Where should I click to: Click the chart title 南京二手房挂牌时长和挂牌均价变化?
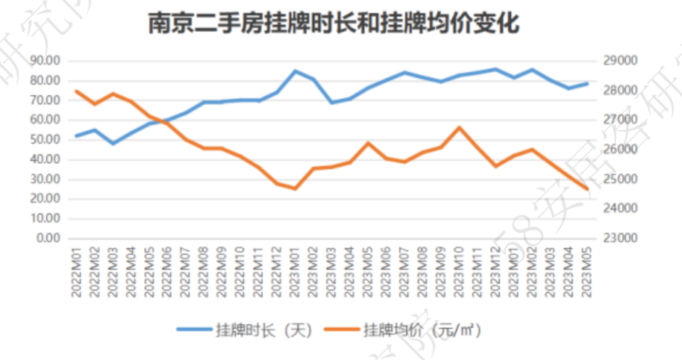click(334, 24)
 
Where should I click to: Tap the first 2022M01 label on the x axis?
click(76, 273)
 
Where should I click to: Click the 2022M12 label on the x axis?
click(277, 273)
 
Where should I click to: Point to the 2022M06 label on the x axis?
click(168, 273)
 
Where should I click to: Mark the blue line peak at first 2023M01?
click(296, 71)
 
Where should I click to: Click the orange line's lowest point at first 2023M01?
click(296, 188)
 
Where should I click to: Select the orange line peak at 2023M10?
click(460, 128)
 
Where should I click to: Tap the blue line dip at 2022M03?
click(113, 143)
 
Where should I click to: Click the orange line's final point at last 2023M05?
click(588, 189)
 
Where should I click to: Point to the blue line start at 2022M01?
click(76, 136)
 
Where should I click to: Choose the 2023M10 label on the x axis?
click(460, 273)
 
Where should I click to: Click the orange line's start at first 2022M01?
click(76, 91)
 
